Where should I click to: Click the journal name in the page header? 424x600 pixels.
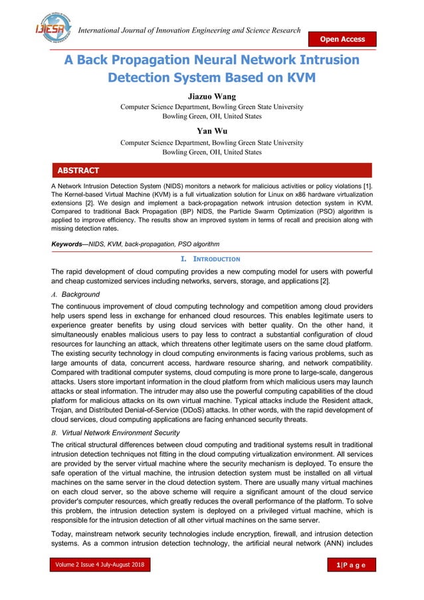[189, 31]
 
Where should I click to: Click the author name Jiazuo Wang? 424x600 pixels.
[211, 96]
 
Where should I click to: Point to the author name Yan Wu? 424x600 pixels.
[211, 132]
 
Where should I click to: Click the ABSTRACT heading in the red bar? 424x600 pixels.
[78, 170]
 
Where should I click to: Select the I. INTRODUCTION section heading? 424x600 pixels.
[211, 258]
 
